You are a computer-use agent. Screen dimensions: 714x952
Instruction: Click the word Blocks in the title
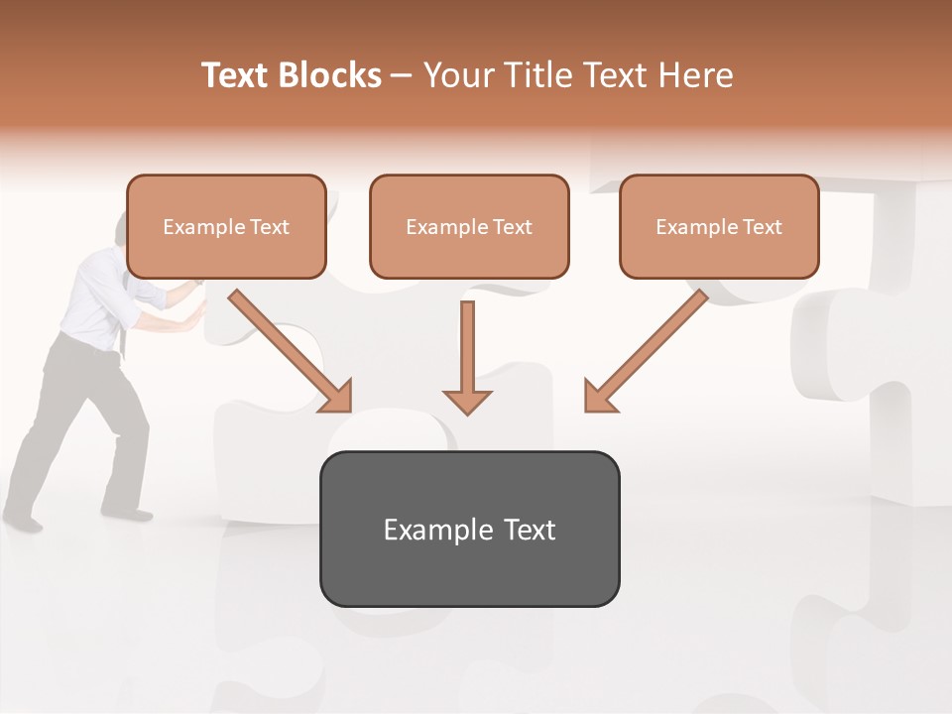tap(331, 75)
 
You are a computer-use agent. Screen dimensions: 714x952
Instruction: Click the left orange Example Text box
tap(226, 226)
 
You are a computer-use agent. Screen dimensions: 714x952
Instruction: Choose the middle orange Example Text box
tap(469, 226)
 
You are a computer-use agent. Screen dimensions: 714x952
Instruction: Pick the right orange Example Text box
tap(719, 226)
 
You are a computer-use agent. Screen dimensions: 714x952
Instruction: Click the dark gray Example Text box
tap(469, 529)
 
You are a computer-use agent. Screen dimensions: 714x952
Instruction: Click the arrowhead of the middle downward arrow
tap(467, 401)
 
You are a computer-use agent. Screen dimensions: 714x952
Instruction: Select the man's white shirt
tap(99, 297)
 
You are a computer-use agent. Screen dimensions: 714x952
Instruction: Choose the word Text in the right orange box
tap(762, 227)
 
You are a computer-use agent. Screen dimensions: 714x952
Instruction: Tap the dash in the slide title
tap(402, 76)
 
